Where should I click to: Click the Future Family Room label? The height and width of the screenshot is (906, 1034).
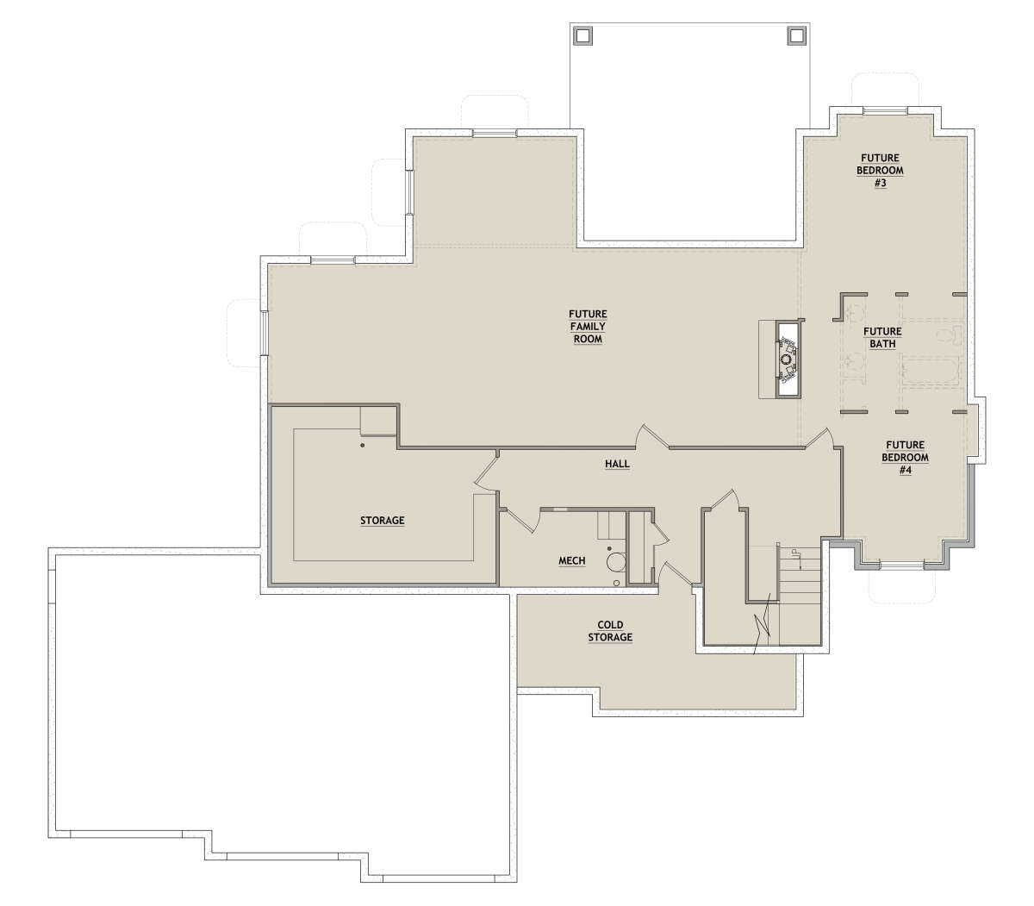coord(588,327)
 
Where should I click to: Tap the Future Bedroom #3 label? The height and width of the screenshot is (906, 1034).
coord(880,171)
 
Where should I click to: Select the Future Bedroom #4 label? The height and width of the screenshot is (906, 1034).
coord(905,458)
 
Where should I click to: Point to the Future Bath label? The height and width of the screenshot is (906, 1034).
coord(882,338)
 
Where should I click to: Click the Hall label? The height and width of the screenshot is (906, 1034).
coord(617,464)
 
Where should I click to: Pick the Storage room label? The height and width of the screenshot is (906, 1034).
coord(382,521)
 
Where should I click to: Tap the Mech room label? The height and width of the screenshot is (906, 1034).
coord(571,560)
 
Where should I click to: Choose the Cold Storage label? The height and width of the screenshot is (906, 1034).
coord(610,631)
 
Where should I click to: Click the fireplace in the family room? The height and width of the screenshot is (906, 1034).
coord(787,359)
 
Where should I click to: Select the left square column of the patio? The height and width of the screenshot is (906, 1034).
coord(583,36)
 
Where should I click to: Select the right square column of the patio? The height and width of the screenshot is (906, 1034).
coord(795,35)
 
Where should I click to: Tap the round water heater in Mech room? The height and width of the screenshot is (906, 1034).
coord(615,562)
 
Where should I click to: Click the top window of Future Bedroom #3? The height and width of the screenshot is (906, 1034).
coord(885,110)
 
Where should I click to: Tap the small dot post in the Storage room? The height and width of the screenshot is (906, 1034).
coord(362,446)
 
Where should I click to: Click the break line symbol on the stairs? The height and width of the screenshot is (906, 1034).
coord(762,625)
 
